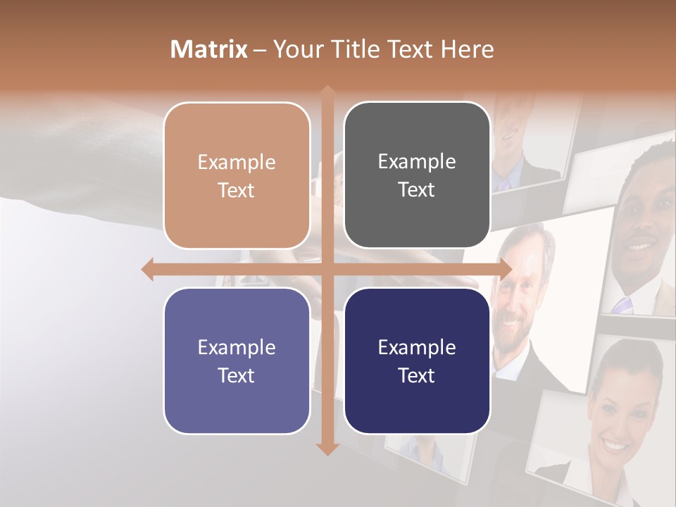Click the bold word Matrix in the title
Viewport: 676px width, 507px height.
click(x=209, y=49)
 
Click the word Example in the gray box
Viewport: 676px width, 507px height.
click(x=417, y=162)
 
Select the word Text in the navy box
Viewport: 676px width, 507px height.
click(x=417, y=375)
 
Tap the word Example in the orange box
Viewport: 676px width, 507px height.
click(x=237, y=163)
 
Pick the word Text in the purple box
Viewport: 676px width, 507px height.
click(x=237, y=375)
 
